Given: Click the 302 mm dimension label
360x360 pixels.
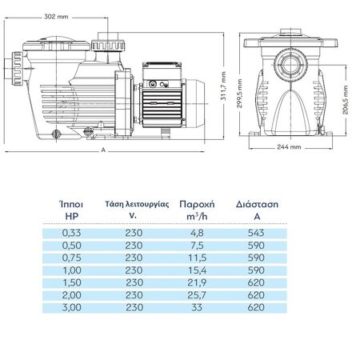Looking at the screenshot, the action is pos(56,17).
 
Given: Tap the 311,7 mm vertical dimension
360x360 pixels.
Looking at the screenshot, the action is pos(223,86).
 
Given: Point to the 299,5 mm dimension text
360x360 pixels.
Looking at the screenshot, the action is pos(239,94).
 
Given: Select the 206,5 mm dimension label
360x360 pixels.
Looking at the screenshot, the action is pos(346,100).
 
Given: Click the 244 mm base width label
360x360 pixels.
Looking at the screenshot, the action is pos(289,146).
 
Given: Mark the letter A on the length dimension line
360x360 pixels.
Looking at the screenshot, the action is pos(103,150).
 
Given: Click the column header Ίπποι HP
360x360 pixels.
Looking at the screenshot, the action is pos(71,210).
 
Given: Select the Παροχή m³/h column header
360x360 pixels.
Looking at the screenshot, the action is pos(197,210).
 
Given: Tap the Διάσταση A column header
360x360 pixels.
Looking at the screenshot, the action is pos(257,210).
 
